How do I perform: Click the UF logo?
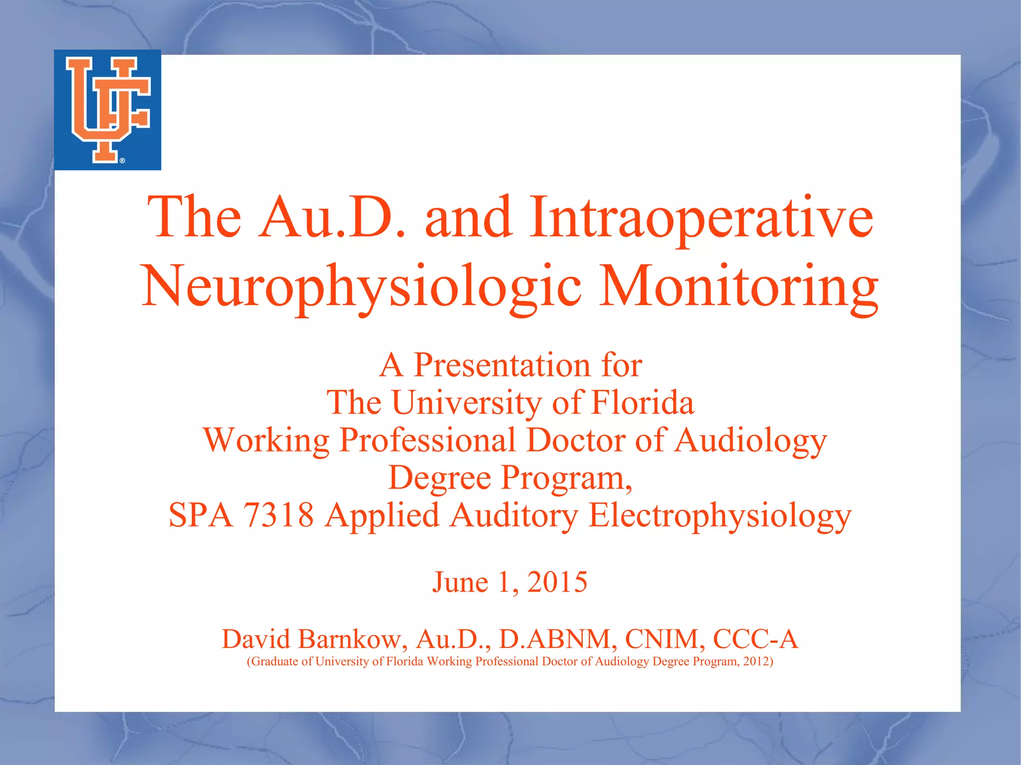coord(108,110)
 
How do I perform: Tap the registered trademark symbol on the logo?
coord(123,160)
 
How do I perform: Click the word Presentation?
coord(503,365)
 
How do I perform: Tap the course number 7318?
coord(278,515)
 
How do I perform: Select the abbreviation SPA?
coord(200,515)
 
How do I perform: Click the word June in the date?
coord(460,582)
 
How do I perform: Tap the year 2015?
coord(557,582)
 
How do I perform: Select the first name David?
coord(255,639)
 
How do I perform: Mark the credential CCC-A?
coord(755,639)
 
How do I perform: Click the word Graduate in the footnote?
coord(274,662)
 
